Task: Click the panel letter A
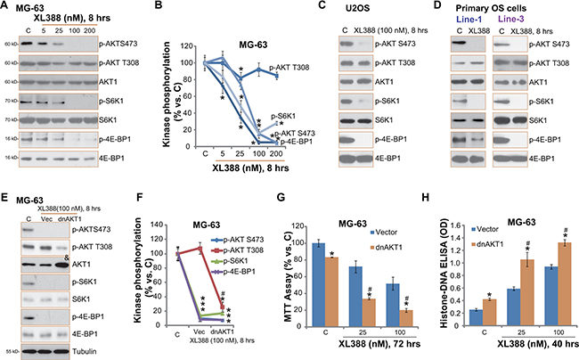point(6,7)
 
